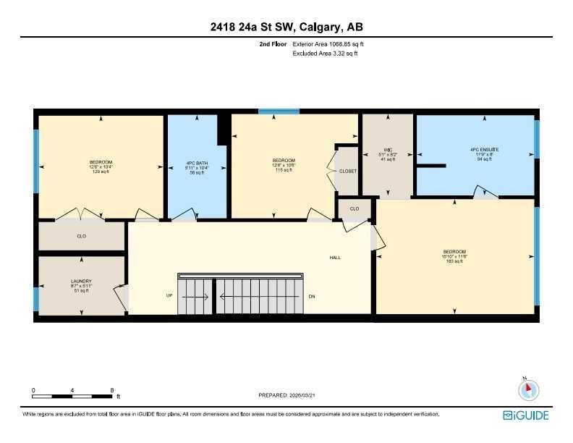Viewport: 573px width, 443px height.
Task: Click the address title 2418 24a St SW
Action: [x=286, y=28]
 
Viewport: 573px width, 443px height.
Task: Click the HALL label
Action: [x=335, y=257]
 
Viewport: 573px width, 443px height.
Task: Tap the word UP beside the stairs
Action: [x=169, y=296]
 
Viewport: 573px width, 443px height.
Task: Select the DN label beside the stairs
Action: [x=312, y=296]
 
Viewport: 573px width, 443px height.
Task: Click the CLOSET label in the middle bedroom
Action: [x=348, y=171]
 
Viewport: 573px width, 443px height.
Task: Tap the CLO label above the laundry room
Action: [x=81, y=236]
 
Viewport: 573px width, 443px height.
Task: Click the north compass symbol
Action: [x=529, y=389]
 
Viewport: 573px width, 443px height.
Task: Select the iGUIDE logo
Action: [x=526, y=415]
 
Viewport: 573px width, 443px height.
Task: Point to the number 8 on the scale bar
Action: [x=111, y=390]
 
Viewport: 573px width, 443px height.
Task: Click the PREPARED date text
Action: [x=286, y=395]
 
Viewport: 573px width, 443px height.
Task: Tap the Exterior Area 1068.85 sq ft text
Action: [x=333, y=44]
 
